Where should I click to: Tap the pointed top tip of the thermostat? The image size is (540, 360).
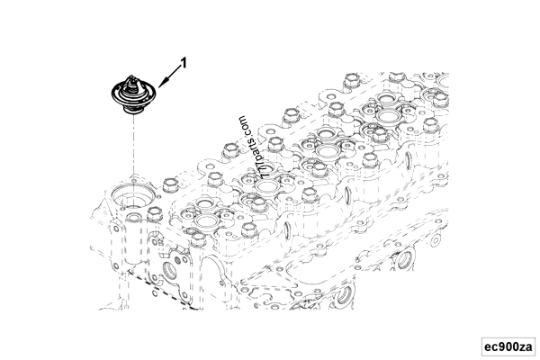pyautogui.click(x=132, y=80)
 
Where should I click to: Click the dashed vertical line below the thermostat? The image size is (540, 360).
pyautogui.click(x=133, y=144)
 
